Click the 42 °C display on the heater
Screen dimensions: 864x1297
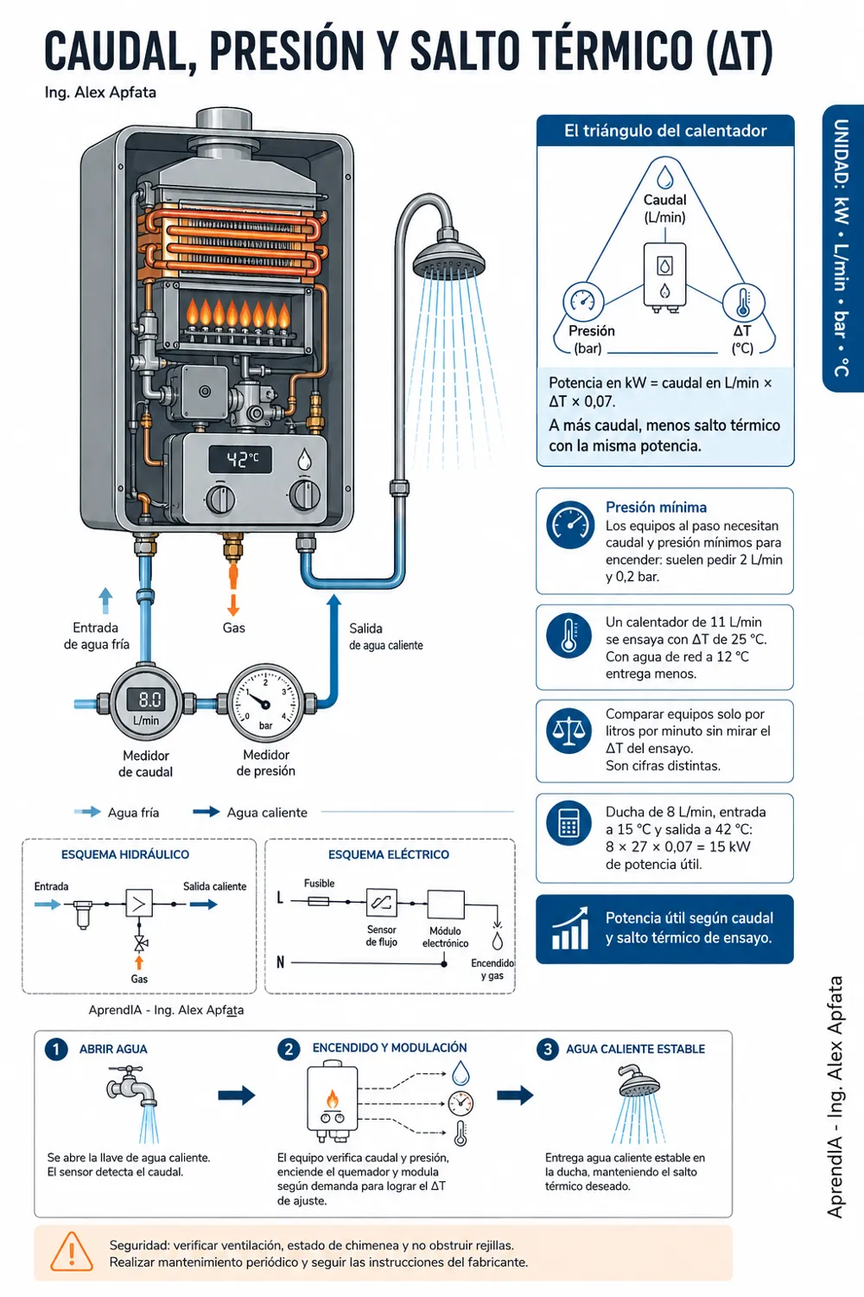tap(240, 460)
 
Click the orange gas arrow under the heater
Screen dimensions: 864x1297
tap(233, 590)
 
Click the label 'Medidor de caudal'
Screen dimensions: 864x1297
tap(146, 764)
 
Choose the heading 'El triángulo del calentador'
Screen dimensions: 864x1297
tap(665, 131)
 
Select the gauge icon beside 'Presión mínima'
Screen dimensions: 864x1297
tap(570, 525)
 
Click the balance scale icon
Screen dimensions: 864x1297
tap(569, 731)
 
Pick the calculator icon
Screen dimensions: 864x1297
tap(569, 823)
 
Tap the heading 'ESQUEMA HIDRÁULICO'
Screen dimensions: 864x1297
tap(125, 854)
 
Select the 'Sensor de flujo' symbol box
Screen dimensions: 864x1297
tap(382, 902)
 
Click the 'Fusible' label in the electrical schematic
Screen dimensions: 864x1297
tap(320, 883)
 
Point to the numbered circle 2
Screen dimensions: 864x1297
tap(289, 1049)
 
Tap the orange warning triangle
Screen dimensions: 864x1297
tap(71, 1251)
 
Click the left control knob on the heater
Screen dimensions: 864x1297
tap(220, 499)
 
